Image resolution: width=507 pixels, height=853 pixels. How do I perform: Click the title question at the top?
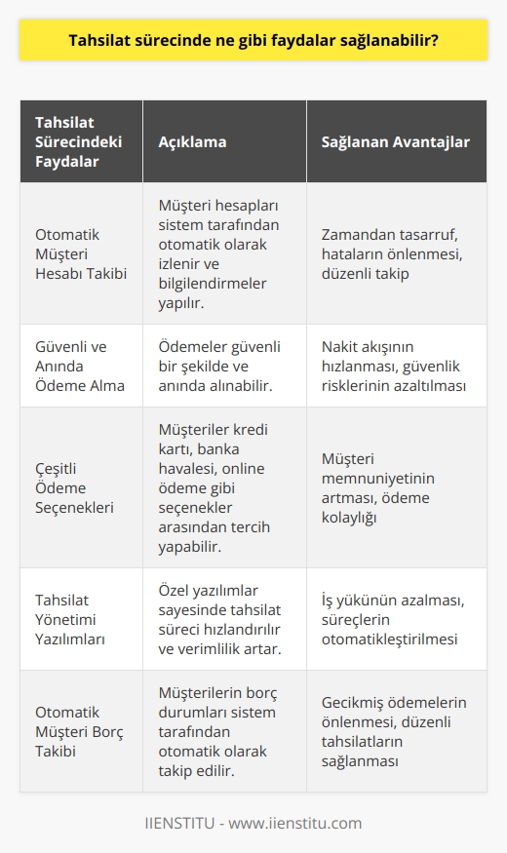pos(253,42)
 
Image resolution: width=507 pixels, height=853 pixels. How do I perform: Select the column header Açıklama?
pos(193,141)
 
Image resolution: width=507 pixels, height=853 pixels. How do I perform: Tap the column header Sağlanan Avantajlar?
pos(396,141)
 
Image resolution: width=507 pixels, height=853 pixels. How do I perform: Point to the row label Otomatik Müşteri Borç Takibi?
pos(75,732)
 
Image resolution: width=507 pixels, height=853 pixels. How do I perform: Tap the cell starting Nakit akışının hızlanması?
pos(396,367)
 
